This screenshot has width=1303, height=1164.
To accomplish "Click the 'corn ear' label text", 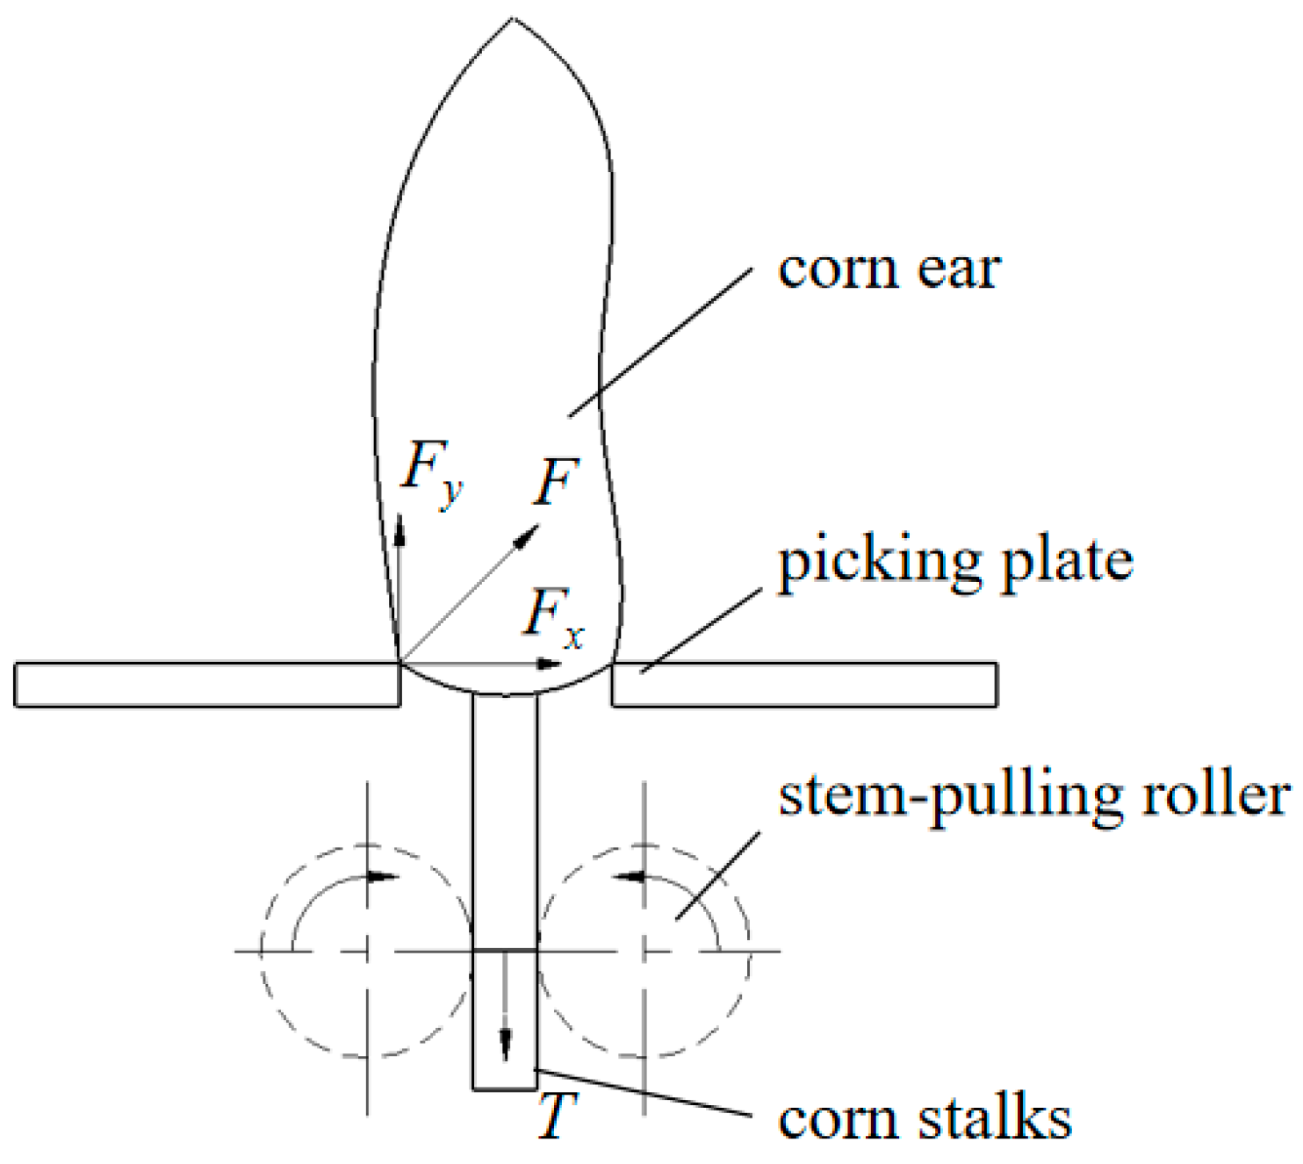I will (x=889, y=269).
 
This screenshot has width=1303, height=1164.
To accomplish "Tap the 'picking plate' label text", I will (x=955, y=562).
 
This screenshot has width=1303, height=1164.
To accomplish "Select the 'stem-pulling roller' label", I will (x=1034, y=797).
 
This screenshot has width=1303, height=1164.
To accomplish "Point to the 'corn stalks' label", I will (x=925, y=1119).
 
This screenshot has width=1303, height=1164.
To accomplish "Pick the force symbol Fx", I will (x=553, y=617).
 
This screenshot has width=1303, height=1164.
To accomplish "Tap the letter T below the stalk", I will (x=556, y=1116).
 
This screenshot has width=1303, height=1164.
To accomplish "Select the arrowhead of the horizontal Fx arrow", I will (x=549, y=664).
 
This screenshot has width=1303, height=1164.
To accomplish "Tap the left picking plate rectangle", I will (x=207, y=685).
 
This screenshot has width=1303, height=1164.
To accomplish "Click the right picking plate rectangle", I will (x=803, y=685).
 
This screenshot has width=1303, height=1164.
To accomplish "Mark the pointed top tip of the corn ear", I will (x=512, y=19).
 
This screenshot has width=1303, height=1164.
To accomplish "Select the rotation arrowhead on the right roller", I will (x=629, y=875).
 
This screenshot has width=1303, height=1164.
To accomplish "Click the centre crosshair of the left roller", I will (x=367, y=951).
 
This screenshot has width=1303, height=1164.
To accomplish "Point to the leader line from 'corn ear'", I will (x=660, y=342).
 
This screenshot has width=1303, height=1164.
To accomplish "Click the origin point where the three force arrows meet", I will (x=401, y=663).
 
